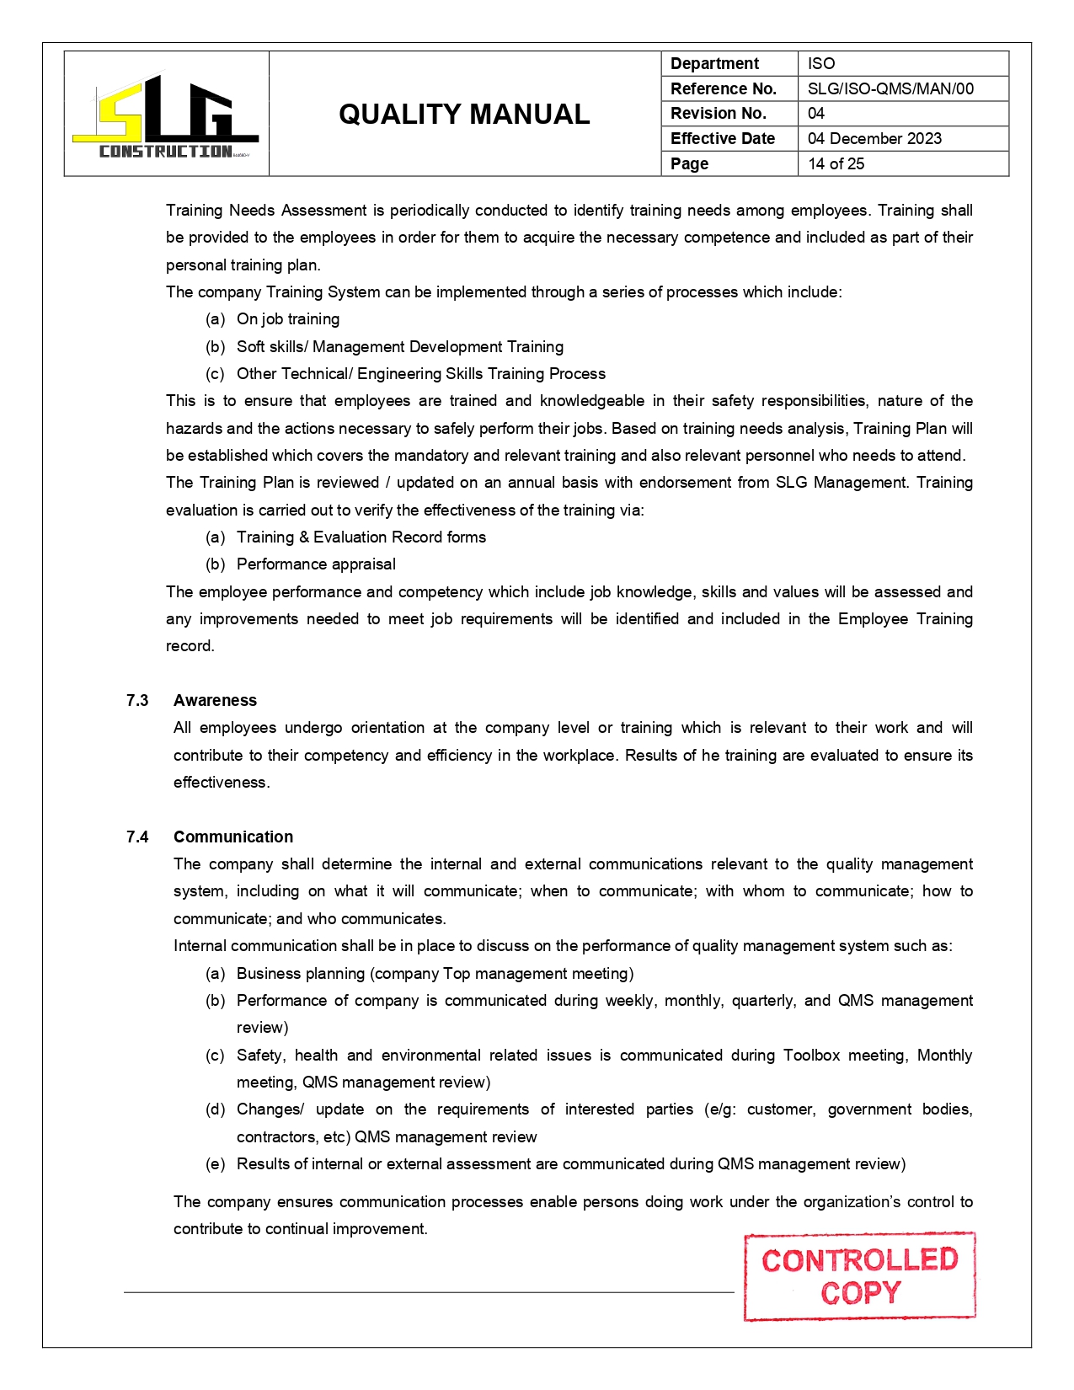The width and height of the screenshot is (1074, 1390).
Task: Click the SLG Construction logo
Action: (166, 115)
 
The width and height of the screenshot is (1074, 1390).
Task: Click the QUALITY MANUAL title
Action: (464, 115)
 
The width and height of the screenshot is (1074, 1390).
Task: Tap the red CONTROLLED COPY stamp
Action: (860, 1276)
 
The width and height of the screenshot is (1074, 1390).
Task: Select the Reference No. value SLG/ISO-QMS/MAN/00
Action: (890, 88)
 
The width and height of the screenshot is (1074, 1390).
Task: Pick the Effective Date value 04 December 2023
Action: (874, 138)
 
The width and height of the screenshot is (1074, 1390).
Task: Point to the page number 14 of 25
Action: (836, 163)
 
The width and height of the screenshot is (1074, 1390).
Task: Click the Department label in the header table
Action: (714, 63)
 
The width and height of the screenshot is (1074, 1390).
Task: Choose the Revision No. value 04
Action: (816, 113)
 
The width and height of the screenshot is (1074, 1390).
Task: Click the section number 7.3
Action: (137, 700)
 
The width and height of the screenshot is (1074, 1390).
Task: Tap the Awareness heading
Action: (215, 700)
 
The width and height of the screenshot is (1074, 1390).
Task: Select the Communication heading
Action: (233, 837)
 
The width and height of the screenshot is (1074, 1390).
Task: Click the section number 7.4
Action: (137, 837)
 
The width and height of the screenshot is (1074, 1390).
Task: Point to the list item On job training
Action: (288, 319)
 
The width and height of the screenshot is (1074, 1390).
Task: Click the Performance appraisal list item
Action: (316, 564)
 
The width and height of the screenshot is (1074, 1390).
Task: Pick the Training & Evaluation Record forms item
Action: (361, 537)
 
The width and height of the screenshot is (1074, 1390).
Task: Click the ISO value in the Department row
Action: (821, 63)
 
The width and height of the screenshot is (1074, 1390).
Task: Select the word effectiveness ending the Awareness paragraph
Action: (221, 783)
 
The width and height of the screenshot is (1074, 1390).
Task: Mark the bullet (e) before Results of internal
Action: (215, 1164)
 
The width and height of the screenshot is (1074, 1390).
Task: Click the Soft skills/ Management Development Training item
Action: (400, 346)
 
